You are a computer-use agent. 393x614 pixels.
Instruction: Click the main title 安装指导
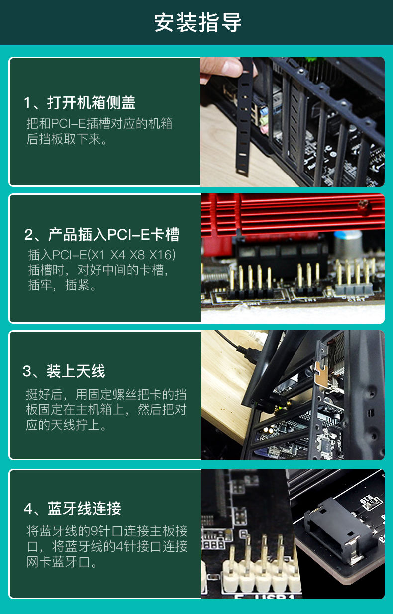pos(197,22)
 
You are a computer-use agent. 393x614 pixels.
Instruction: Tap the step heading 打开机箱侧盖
pos(92,103)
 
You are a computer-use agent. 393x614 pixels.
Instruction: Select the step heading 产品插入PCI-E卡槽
pos(114,235)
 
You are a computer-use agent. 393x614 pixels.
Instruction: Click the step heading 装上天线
pos(76,371)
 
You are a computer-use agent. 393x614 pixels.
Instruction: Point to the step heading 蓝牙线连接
pos(84,509)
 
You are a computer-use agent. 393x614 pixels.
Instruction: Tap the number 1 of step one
pos(27,103)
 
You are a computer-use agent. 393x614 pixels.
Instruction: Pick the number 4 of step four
pos(28,509)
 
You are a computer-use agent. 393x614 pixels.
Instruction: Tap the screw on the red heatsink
pos(363,204)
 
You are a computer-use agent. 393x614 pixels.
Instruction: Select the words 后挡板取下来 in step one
pos(63,139)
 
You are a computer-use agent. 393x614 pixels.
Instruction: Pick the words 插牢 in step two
pos(40,285)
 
